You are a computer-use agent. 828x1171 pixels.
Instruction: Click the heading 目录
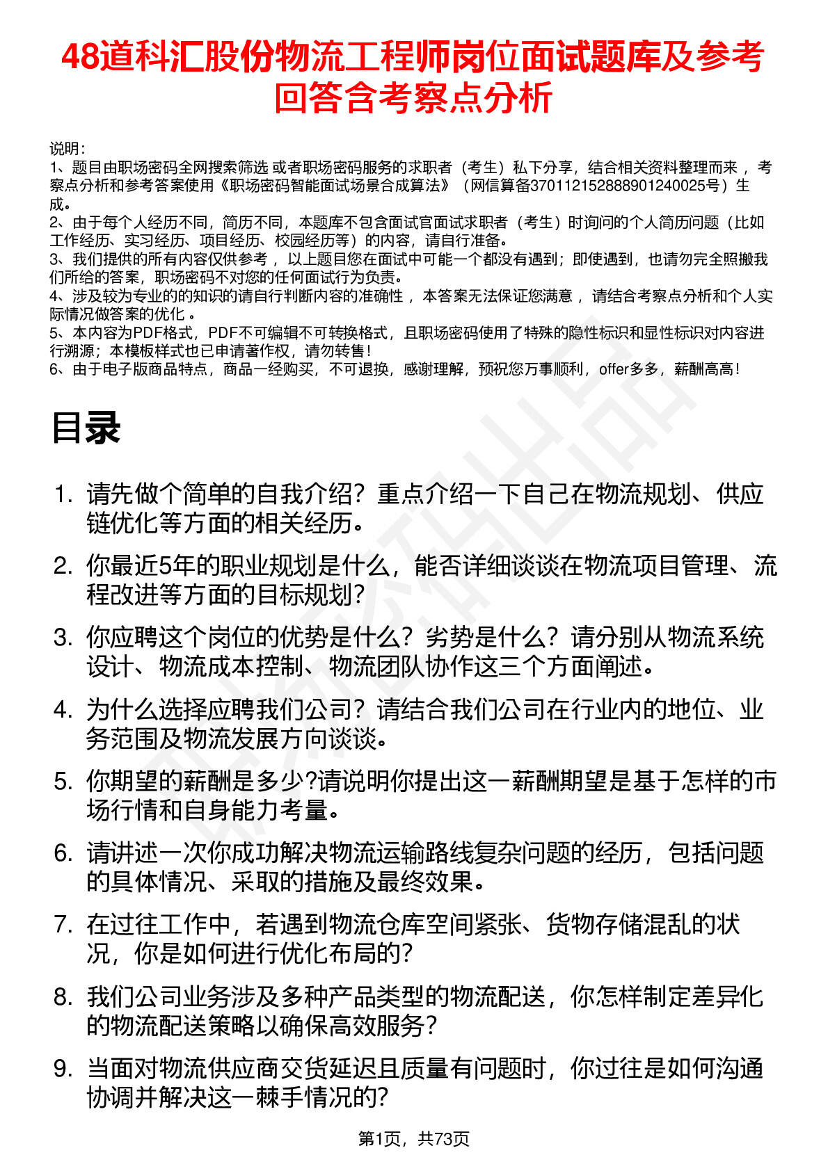click(86, 428)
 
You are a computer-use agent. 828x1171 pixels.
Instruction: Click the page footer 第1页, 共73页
click(413, 1138)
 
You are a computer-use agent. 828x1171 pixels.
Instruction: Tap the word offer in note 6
click(614, 369)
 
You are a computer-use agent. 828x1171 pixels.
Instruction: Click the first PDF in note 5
click(148, 333)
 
